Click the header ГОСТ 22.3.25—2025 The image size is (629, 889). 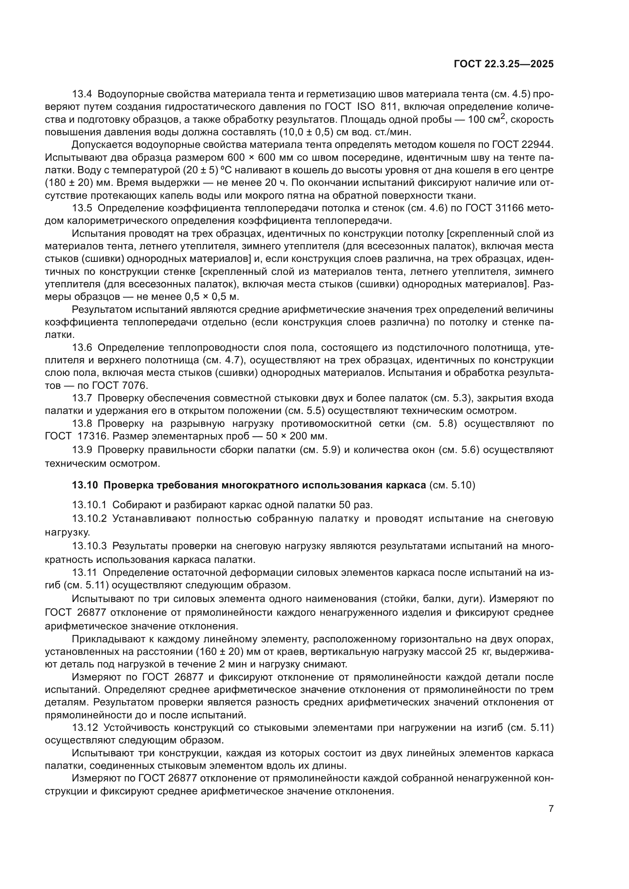click(x=503, y=64)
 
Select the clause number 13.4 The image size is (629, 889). click(x=82, y=94)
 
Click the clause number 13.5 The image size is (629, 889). click(x=82, y=208)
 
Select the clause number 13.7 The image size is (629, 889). click(x=82, y=398)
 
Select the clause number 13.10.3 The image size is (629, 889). click(x=89, y=546)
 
